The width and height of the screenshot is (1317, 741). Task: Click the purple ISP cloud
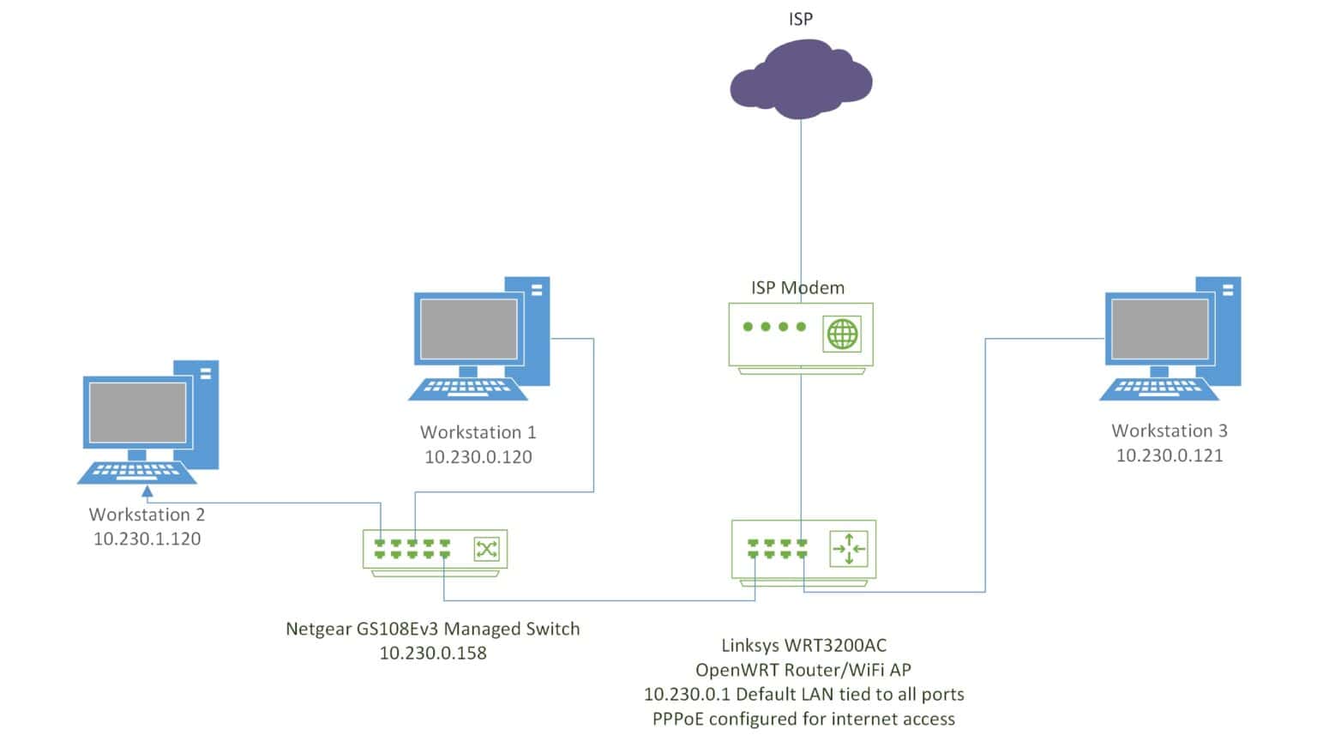tap(800, 81)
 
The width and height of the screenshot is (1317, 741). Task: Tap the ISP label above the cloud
tap(800, 19)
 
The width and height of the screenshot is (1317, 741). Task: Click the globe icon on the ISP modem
tap(841, 334)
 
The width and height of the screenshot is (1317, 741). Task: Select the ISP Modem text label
tap(797, 288)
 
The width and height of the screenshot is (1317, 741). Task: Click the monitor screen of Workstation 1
tap(468, 329)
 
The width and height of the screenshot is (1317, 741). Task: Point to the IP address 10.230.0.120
tap(478, 457)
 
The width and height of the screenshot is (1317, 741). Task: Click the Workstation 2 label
tap(147, 515)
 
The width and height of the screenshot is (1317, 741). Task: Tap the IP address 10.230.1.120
tap(147, 539)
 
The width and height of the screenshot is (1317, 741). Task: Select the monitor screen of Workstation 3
tap(1159, 329)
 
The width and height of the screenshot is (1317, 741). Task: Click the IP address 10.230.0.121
tap(1169, 455)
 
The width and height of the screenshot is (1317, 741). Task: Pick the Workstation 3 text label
tap(1169, 431)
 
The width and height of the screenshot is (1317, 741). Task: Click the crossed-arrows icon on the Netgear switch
tap(486, 549)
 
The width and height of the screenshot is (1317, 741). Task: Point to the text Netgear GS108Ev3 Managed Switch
tap(432, 629)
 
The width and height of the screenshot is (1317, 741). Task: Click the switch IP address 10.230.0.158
tap(432, 654)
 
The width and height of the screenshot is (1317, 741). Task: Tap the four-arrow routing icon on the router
tap(848, 549)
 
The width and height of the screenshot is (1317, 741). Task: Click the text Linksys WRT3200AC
tap(803, 645)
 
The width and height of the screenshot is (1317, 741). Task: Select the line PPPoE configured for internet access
tap(803, 719)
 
